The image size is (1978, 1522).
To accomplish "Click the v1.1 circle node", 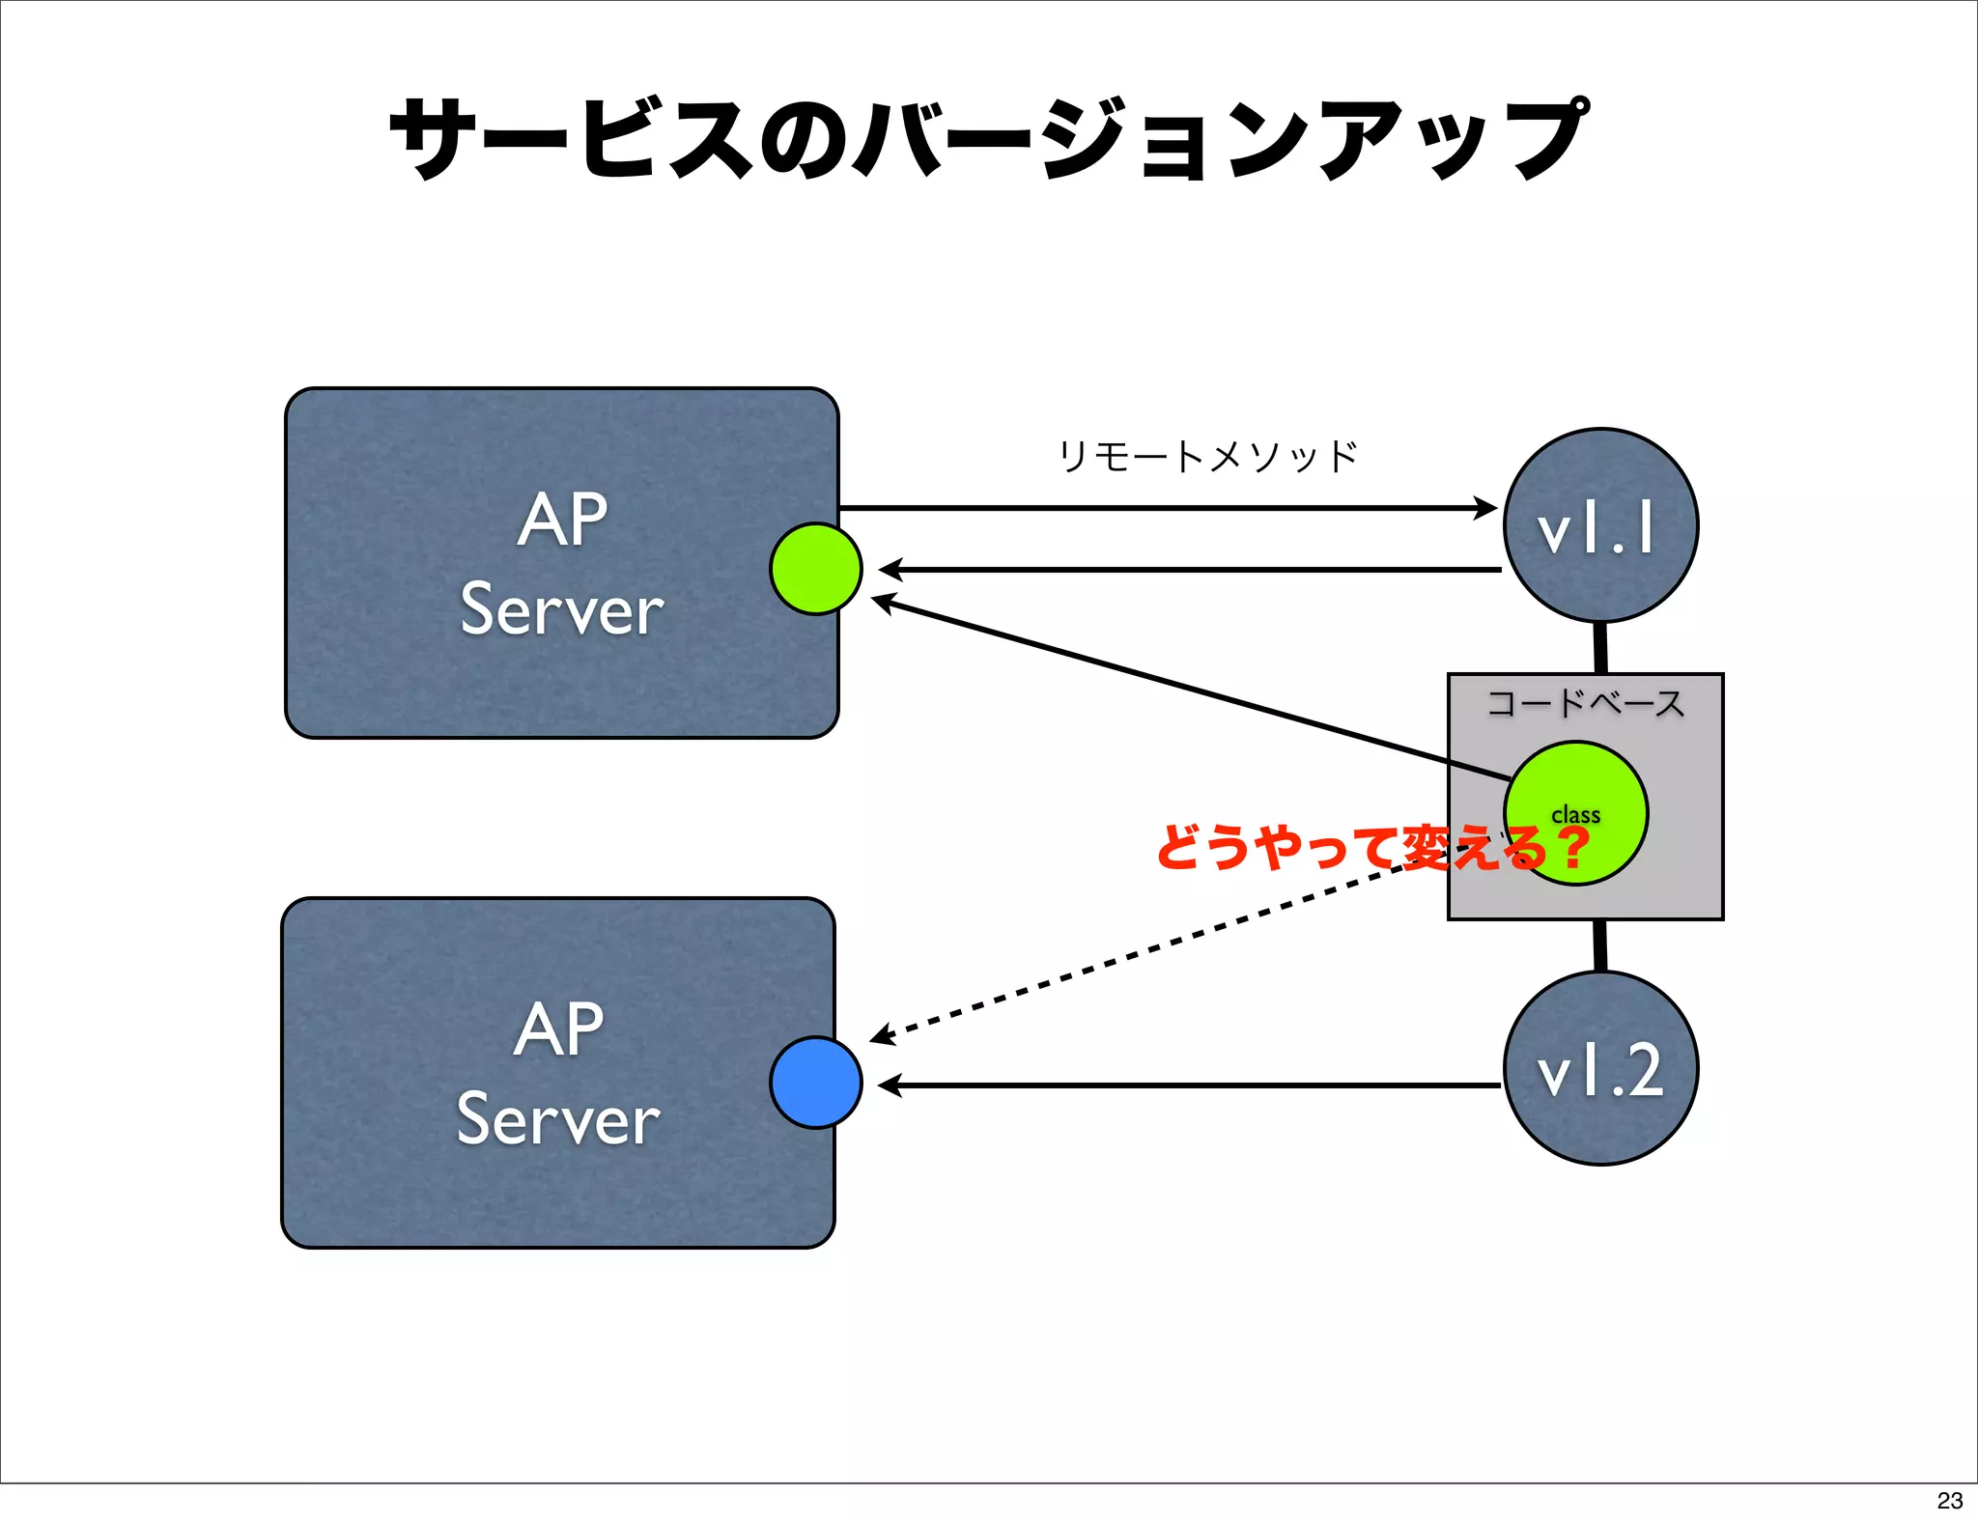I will (1600, 526).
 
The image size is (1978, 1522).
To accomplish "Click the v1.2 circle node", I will (1600, 1068).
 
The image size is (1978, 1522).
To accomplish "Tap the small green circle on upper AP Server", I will (816, 569).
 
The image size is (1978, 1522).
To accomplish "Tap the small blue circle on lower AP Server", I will (816, 1083).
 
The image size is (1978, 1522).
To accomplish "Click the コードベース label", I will (1585, 703).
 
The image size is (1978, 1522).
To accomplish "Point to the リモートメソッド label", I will (1207, 457).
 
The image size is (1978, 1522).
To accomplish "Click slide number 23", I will (1949, 1500).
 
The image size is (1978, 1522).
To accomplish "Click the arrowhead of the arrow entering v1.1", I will (1485, 507).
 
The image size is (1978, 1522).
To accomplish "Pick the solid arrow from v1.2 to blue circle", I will (1188, 1085).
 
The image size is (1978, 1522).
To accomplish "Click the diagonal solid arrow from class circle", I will (1188, 690).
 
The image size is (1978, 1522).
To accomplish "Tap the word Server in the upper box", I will (562, 610).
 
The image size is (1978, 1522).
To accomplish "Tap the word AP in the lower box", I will (558, 1029).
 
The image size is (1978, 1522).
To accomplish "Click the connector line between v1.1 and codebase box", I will (1600, 648).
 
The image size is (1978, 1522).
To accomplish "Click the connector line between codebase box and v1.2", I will (1600, 945).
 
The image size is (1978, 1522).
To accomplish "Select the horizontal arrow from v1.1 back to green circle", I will (1188, 570).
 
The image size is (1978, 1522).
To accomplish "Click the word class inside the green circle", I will (1575, 815).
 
